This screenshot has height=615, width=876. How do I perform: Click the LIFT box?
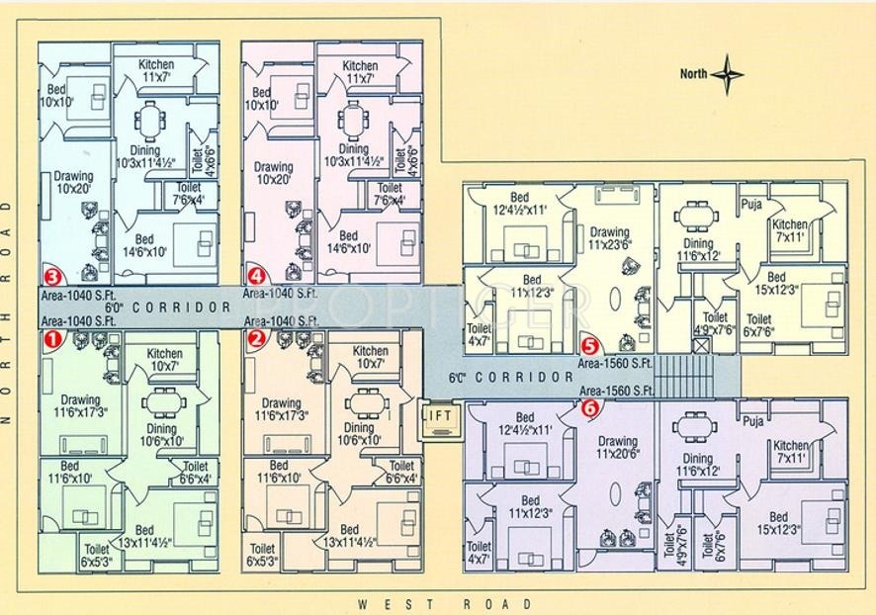pos(437,416)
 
